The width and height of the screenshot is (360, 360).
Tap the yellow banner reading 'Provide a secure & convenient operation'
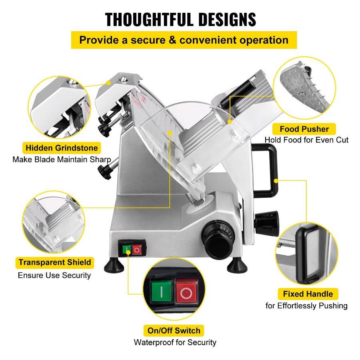click(184, 40)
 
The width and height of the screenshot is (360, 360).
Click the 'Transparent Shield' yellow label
click(54, 262)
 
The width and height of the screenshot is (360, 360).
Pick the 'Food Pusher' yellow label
click(304, 129)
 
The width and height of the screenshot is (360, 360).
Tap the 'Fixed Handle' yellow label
click(308, 294)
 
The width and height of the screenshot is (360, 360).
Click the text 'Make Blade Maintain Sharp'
click(62, 160)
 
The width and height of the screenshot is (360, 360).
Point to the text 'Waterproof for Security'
click(175, 342)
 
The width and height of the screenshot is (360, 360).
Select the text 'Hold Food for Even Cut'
click(306, 140)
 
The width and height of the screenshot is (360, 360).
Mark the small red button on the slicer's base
click(137, 250)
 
